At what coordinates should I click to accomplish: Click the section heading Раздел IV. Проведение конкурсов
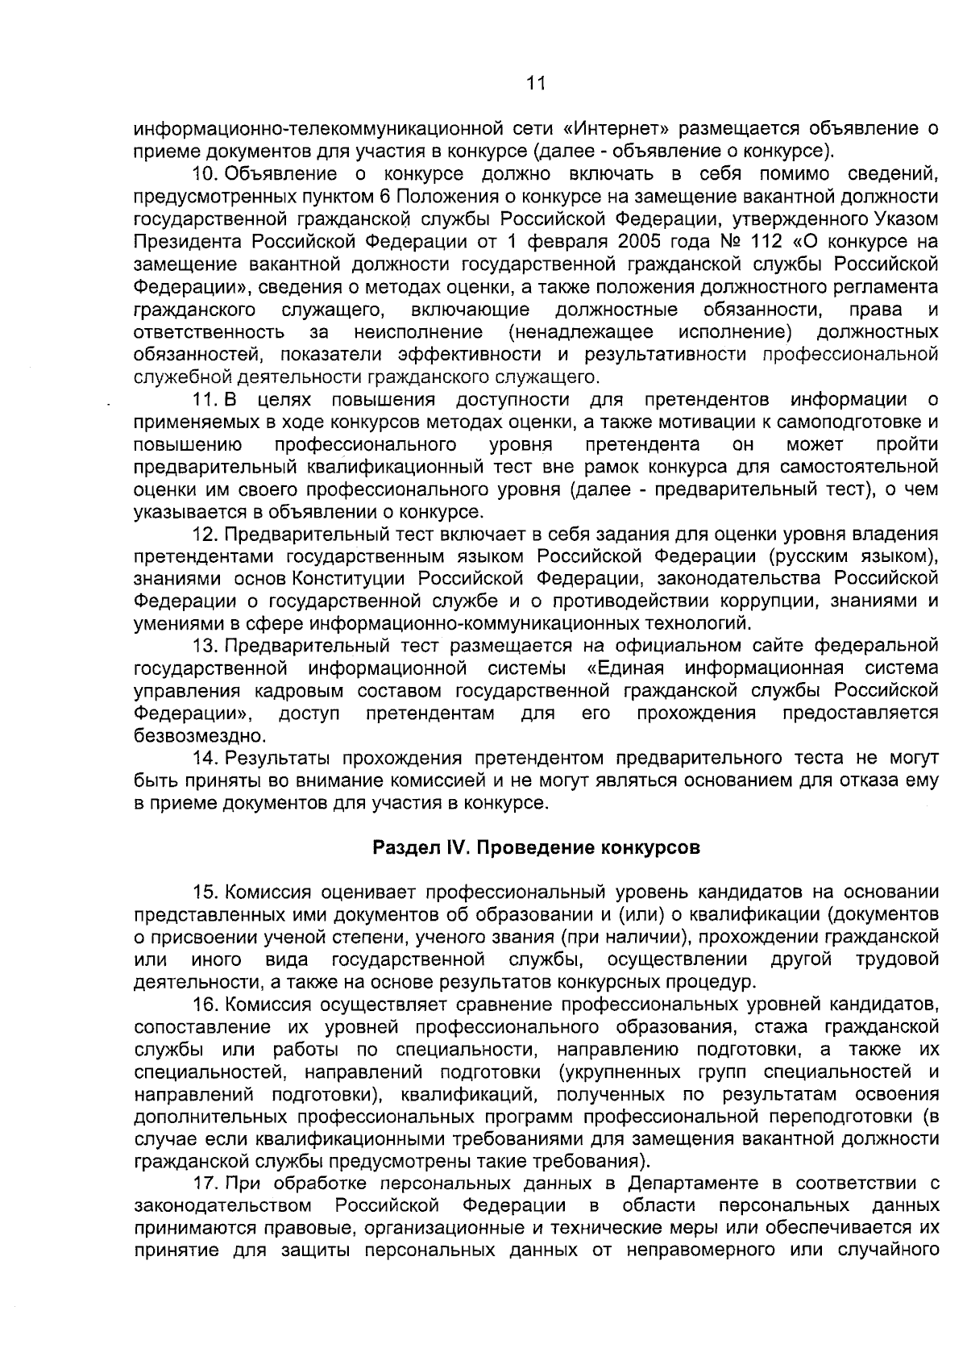tap(535, 848)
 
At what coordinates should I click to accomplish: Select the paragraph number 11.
tap(204, 400)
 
